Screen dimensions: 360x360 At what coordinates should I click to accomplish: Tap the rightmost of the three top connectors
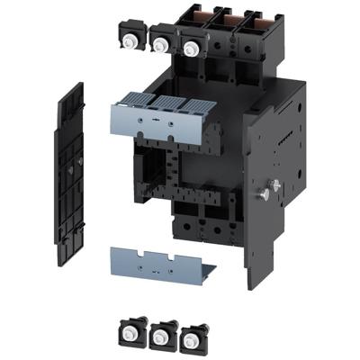(190, 45)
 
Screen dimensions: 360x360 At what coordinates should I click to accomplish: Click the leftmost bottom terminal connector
(130, 330)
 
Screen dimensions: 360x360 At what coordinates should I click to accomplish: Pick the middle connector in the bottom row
(161, 336)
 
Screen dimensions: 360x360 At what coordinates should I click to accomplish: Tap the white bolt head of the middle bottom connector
(161, 337)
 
